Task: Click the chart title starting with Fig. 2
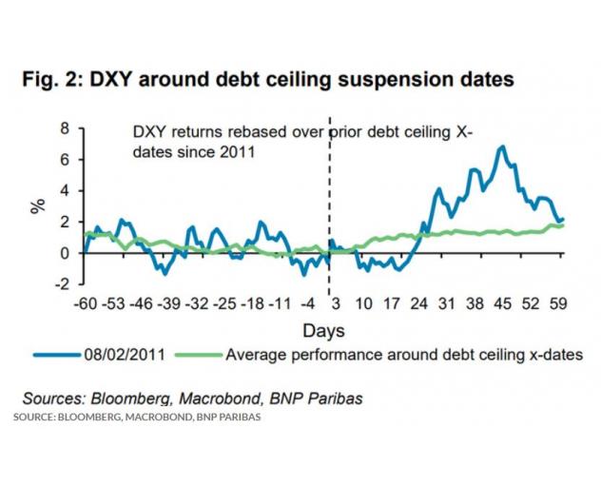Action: coord(268,79)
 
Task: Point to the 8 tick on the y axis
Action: coord(65,128)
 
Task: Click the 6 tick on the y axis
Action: coord(65,160)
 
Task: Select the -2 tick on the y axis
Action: coord(62,284)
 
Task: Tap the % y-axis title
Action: coord(38,205)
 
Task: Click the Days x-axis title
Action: coord(323,330)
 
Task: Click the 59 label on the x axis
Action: coord(558,305)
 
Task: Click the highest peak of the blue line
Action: coord(501,146)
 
